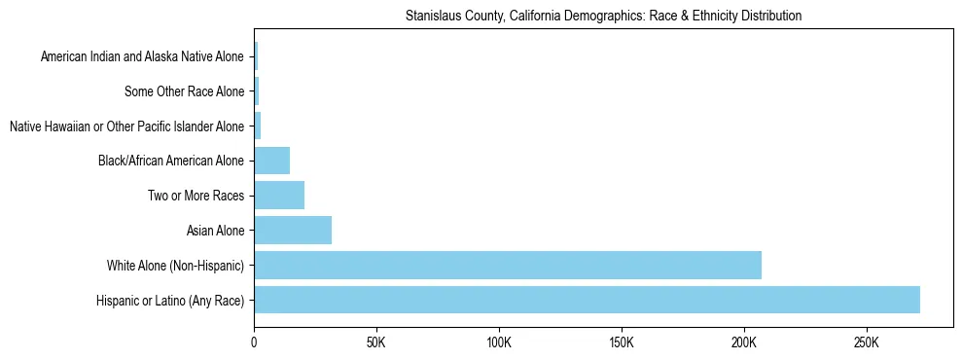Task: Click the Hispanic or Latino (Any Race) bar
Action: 587,300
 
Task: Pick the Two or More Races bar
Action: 279,196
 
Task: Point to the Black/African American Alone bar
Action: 271,161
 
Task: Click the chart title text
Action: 603,17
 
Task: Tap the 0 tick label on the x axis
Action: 254,342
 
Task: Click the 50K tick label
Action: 376,342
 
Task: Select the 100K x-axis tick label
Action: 499,342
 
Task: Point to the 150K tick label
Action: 622,342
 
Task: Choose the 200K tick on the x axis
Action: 744,342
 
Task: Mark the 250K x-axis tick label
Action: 867,342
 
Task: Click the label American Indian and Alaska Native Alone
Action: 142,57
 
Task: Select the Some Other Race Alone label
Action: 185,92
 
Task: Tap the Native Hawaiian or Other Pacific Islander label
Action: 126,126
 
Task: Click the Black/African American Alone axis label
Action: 171,162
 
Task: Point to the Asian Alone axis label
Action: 216,231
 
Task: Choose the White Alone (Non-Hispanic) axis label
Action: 176,266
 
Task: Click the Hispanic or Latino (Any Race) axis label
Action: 170,301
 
